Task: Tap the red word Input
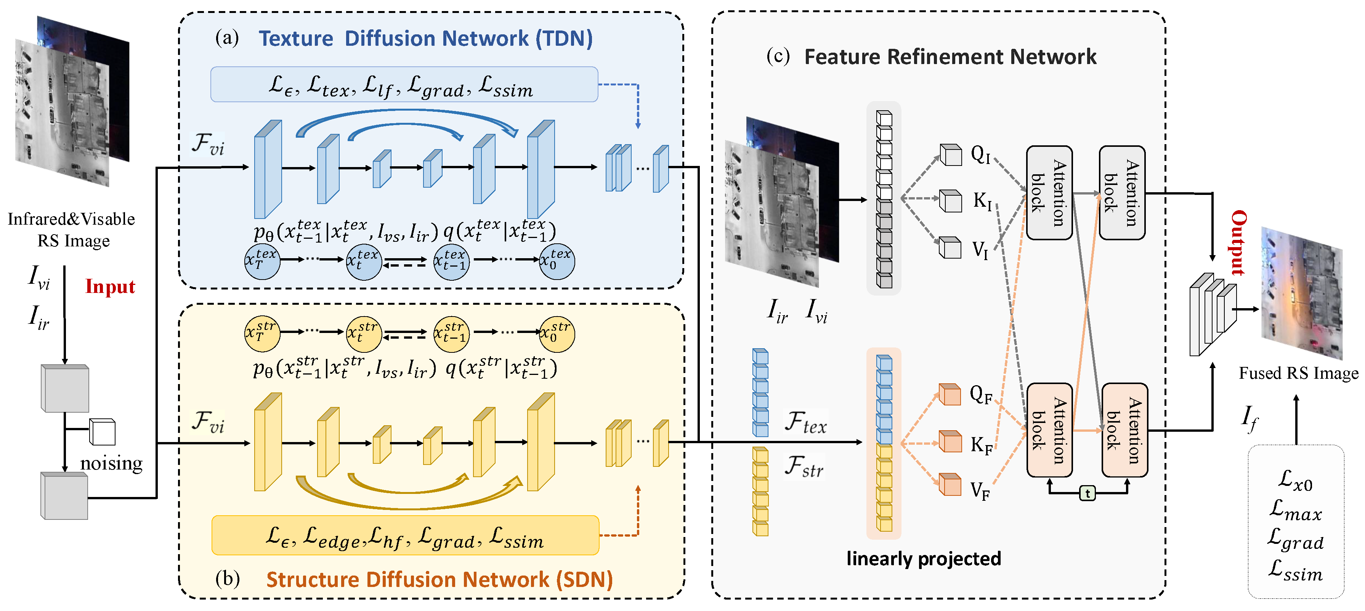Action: (x=110, y=287)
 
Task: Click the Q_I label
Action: (x=981, y=155)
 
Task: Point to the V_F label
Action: (x=980, y=490)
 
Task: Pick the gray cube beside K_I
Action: (x=950, y=201)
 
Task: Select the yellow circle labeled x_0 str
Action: (x=557, y=334)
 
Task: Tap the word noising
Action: (x=111, y=463)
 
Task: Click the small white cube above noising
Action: (x=102, y=432)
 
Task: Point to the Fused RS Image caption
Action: (x=1298, y=373)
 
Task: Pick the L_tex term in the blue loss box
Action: (x=329, y=87)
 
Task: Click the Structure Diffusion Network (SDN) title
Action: (x=439, y=580)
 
